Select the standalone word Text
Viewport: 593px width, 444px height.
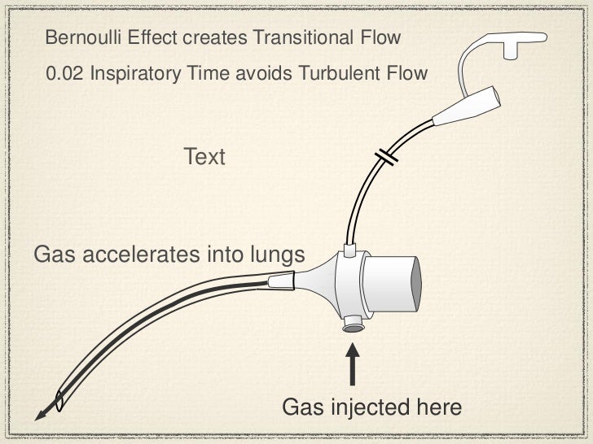204,156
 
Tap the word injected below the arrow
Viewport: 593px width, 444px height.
362,407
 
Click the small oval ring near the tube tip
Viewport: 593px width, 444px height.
59,400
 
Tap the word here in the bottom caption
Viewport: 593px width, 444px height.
438,407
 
